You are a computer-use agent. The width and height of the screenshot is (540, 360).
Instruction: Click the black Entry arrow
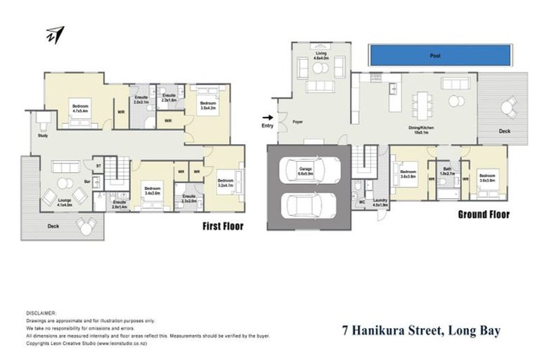coord(267,117)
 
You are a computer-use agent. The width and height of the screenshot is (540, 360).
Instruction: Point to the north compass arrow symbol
coord(55,34)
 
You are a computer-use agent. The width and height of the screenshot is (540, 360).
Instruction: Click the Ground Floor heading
coord(484,214)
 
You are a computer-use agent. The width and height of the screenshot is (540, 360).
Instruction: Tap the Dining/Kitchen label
coord(424,129)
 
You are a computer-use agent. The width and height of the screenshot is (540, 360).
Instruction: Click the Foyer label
coord(297,123)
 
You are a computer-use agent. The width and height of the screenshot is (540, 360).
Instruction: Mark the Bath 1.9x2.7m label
coord(447,172)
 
